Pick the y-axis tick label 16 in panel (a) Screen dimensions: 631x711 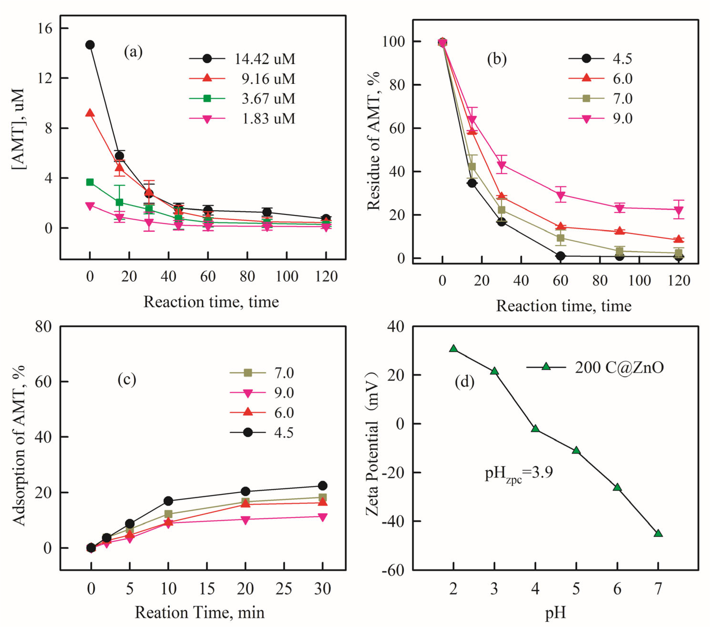pos(44,28)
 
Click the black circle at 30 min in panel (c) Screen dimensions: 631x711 pos(322,485)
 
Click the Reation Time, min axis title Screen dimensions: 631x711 pos(200,612)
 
